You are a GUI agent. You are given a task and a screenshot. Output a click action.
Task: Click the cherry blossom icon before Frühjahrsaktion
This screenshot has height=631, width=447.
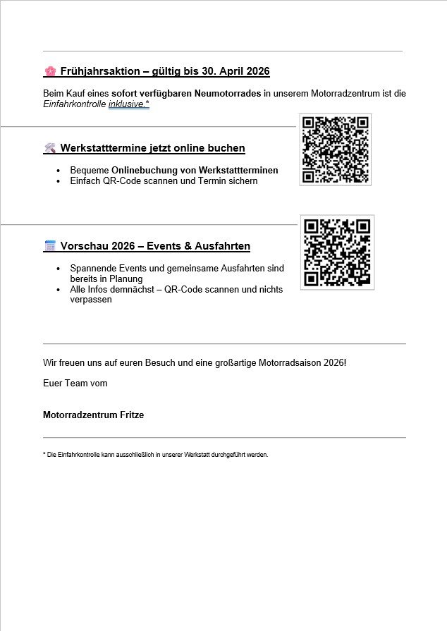(50, 71)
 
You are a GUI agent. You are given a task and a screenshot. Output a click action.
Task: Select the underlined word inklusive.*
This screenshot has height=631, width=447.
(128, 104)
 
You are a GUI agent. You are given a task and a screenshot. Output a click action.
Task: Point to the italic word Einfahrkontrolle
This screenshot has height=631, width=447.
(74, 104)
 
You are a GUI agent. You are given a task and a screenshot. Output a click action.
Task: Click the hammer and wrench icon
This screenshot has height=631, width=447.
(50, 148)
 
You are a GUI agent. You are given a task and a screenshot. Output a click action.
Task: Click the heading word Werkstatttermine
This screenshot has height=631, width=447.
(103, 148)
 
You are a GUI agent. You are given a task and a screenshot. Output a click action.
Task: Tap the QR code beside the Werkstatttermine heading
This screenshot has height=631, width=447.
(335, 149)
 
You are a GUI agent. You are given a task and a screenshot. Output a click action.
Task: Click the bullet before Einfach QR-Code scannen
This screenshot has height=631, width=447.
(59, 181)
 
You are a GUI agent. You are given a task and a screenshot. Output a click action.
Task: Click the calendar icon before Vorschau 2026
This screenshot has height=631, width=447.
(50, 246)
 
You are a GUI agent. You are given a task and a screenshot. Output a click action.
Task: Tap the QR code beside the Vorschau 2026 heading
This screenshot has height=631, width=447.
(337, 252)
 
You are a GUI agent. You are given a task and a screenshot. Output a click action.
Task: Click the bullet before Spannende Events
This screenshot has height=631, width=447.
(59, 269)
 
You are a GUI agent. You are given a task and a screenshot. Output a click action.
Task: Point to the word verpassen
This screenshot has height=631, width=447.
(91, 300)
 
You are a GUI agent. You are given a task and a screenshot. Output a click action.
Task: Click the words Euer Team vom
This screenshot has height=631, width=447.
(75, 384)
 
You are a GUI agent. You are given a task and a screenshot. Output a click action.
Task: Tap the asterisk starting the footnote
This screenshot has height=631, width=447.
(44, 455)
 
